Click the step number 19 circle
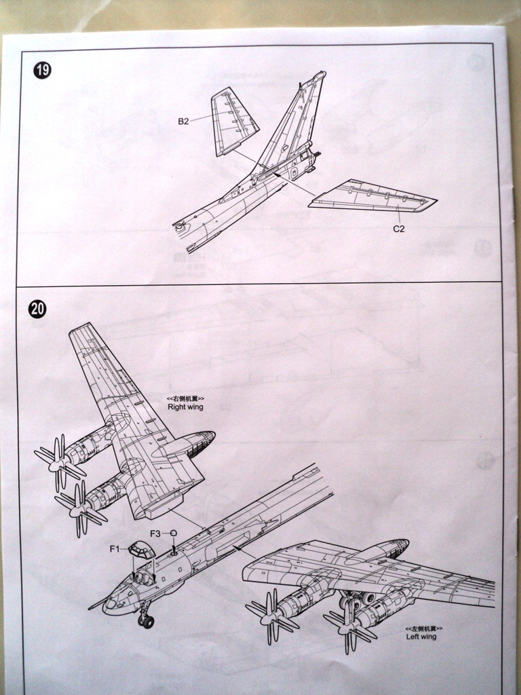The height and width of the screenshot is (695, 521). [x=42, y=70]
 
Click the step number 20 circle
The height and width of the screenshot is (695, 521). [x=38, y=309]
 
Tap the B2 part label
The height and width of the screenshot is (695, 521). [x=183, y=121]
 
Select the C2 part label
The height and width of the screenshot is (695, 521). [x=399, y=229]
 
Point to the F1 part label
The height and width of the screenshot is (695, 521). [x=115, y=548]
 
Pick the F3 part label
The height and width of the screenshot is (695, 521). [x=155, y=533]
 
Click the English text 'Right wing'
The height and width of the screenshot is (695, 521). [x=185, y=407]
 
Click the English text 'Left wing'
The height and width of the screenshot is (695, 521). [x=421, y=637]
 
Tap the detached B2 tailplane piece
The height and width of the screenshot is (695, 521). [x=233, y=121]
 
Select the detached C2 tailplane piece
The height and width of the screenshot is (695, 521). [x=372, y=196]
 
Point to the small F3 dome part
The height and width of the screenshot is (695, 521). [x=174, y=533]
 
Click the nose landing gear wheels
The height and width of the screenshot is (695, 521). [x=146, y=620]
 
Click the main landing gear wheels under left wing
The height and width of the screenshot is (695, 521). [x=358, y=599]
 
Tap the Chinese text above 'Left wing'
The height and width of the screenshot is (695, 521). [x=421, y=628]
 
